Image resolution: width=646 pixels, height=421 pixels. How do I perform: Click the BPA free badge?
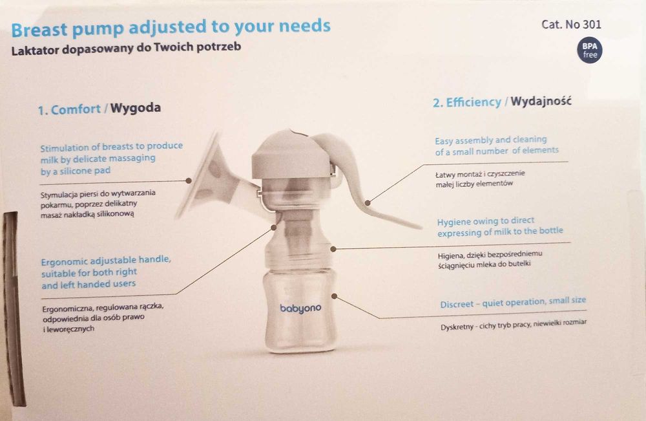tap(590, 50)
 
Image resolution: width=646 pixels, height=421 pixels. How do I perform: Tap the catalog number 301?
tap(592, 25)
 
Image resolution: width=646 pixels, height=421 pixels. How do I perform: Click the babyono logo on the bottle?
tap(300, 308)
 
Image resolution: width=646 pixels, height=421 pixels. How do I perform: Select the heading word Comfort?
tap(76, 109)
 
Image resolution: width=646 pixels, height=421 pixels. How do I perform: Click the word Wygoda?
tap(136, 108)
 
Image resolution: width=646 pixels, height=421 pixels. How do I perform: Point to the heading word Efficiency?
tap(474, 102)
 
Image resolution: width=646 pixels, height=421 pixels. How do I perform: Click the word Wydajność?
tap(541, 101)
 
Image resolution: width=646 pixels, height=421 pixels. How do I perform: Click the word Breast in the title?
tap(39, 30)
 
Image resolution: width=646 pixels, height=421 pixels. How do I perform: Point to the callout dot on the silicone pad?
tap(189, 180)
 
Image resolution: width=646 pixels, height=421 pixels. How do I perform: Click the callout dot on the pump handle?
tap(368, 202)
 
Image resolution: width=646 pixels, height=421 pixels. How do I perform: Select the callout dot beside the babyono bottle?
tap(335, 296)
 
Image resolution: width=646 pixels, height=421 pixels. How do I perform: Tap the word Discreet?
tap(457, 305)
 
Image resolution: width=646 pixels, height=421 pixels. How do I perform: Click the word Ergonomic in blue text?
tap(64, 262)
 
